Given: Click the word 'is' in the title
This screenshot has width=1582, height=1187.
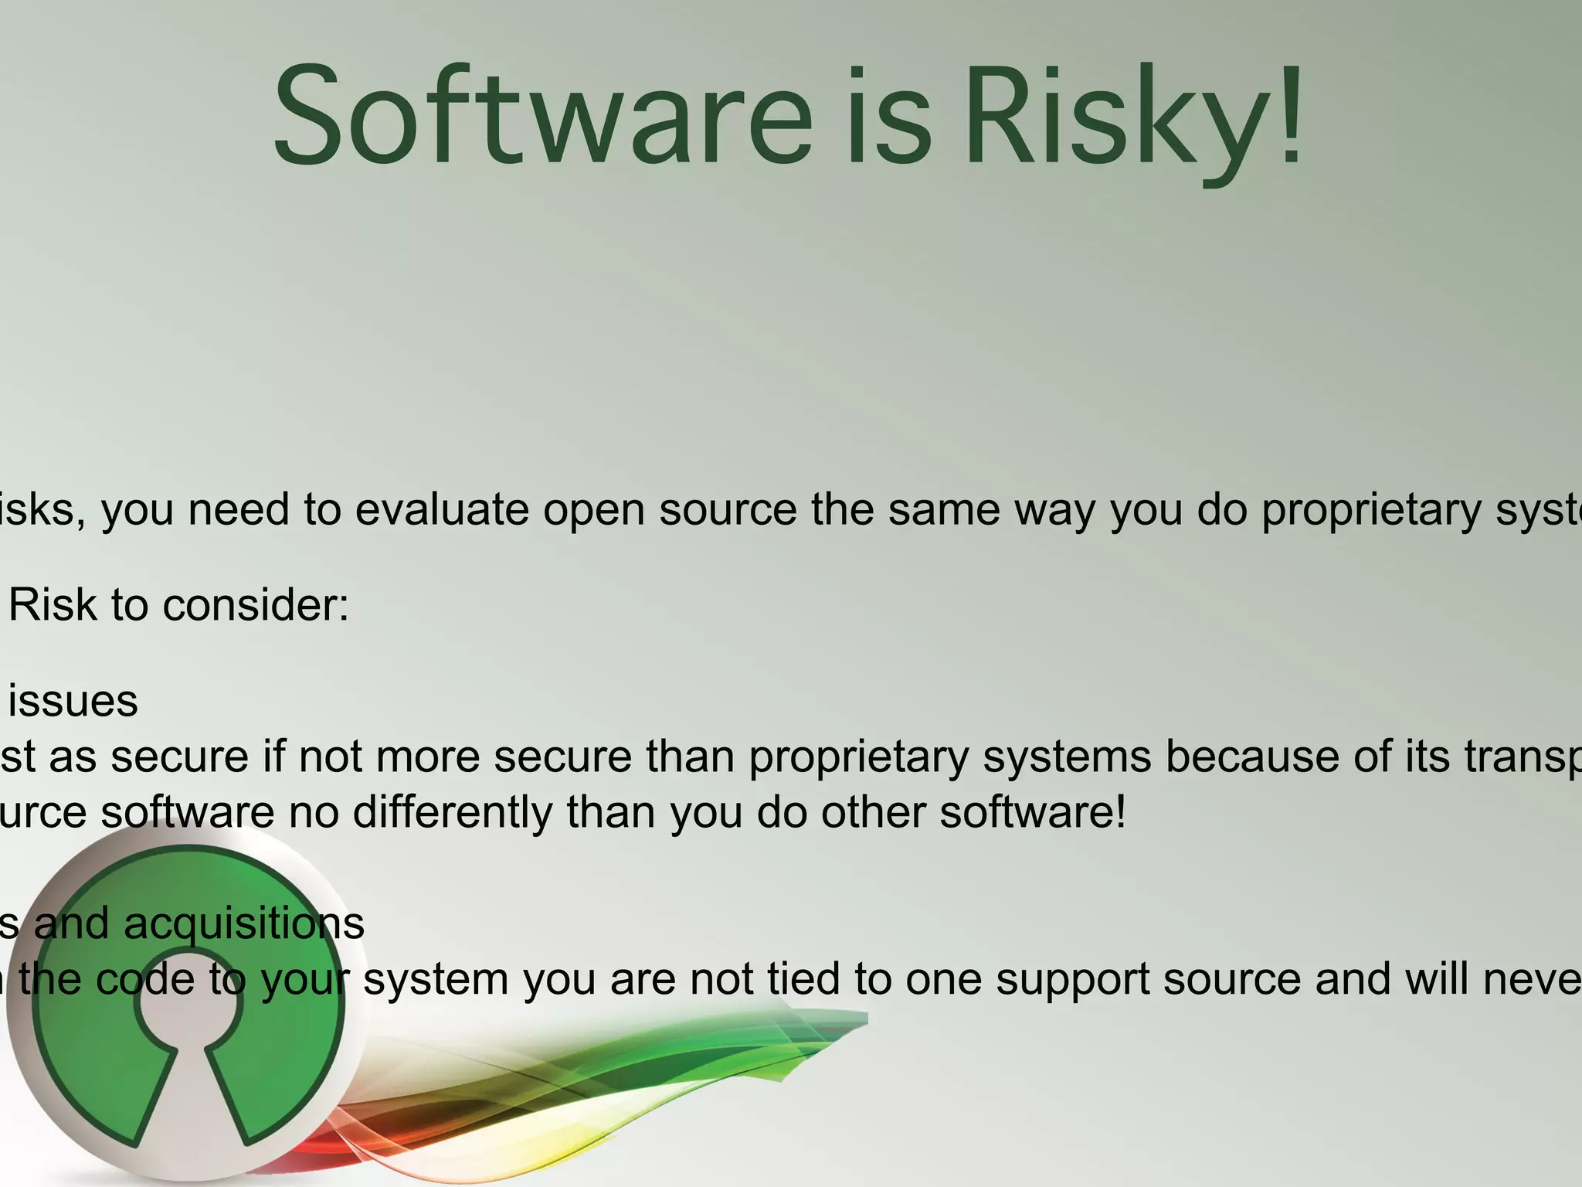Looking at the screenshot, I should coord(888,116).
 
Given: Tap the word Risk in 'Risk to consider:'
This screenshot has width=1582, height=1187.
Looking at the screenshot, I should coord(53,605).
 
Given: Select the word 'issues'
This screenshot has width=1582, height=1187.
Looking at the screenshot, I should coord(73,702).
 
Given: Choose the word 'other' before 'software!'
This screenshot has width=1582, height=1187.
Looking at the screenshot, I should coord(873,813).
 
